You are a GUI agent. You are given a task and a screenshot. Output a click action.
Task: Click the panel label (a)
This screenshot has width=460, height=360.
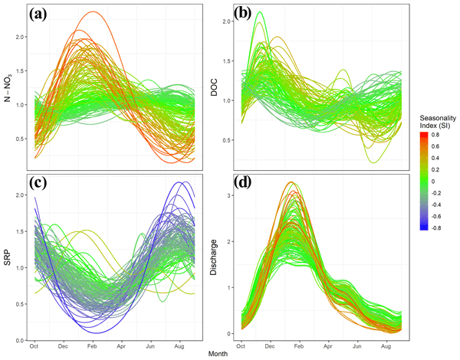[x=47, y=16]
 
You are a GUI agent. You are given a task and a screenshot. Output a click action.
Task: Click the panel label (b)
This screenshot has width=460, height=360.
[x=245, y=16]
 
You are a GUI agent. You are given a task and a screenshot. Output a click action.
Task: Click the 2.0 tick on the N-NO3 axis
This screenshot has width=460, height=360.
[x=19, y=37]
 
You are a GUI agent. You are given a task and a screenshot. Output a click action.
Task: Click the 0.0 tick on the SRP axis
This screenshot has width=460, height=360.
[x=19, y=340]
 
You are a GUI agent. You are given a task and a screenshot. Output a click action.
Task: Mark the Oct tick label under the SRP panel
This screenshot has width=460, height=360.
[x=34, y=347]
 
